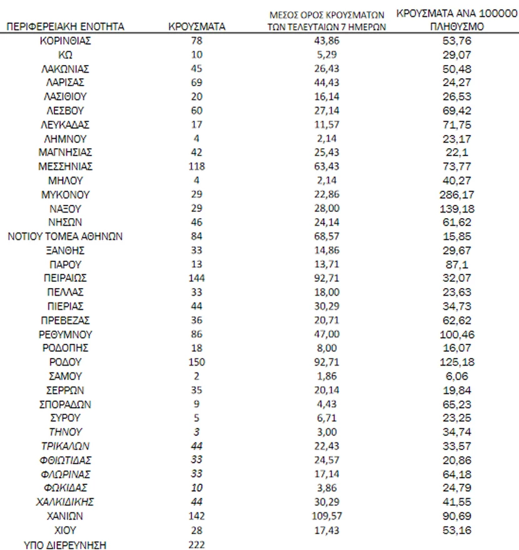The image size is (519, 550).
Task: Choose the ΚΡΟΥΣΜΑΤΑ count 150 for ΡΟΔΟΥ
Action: (197, 362)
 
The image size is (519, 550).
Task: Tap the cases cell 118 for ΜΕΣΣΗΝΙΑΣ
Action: (197, 166)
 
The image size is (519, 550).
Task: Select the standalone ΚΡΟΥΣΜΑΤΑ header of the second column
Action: (197, 27)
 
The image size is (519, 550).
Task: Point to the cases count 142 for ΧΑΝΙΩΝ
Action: (197, 516)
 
